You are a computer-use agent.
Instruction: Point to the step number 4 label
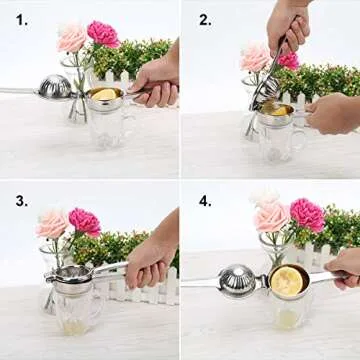(206, 201)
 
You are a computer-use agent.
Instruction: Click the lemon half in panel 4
(288, 281)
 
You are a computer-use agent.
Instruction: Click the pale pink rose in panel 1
(71, 38)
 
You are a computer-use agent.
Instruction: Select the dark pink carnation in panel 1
(103, 33)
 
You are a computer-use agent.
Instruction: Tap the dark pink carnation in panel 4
(306, 214)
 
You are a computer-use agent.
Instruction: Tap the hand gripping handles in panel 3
(150, 262)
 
